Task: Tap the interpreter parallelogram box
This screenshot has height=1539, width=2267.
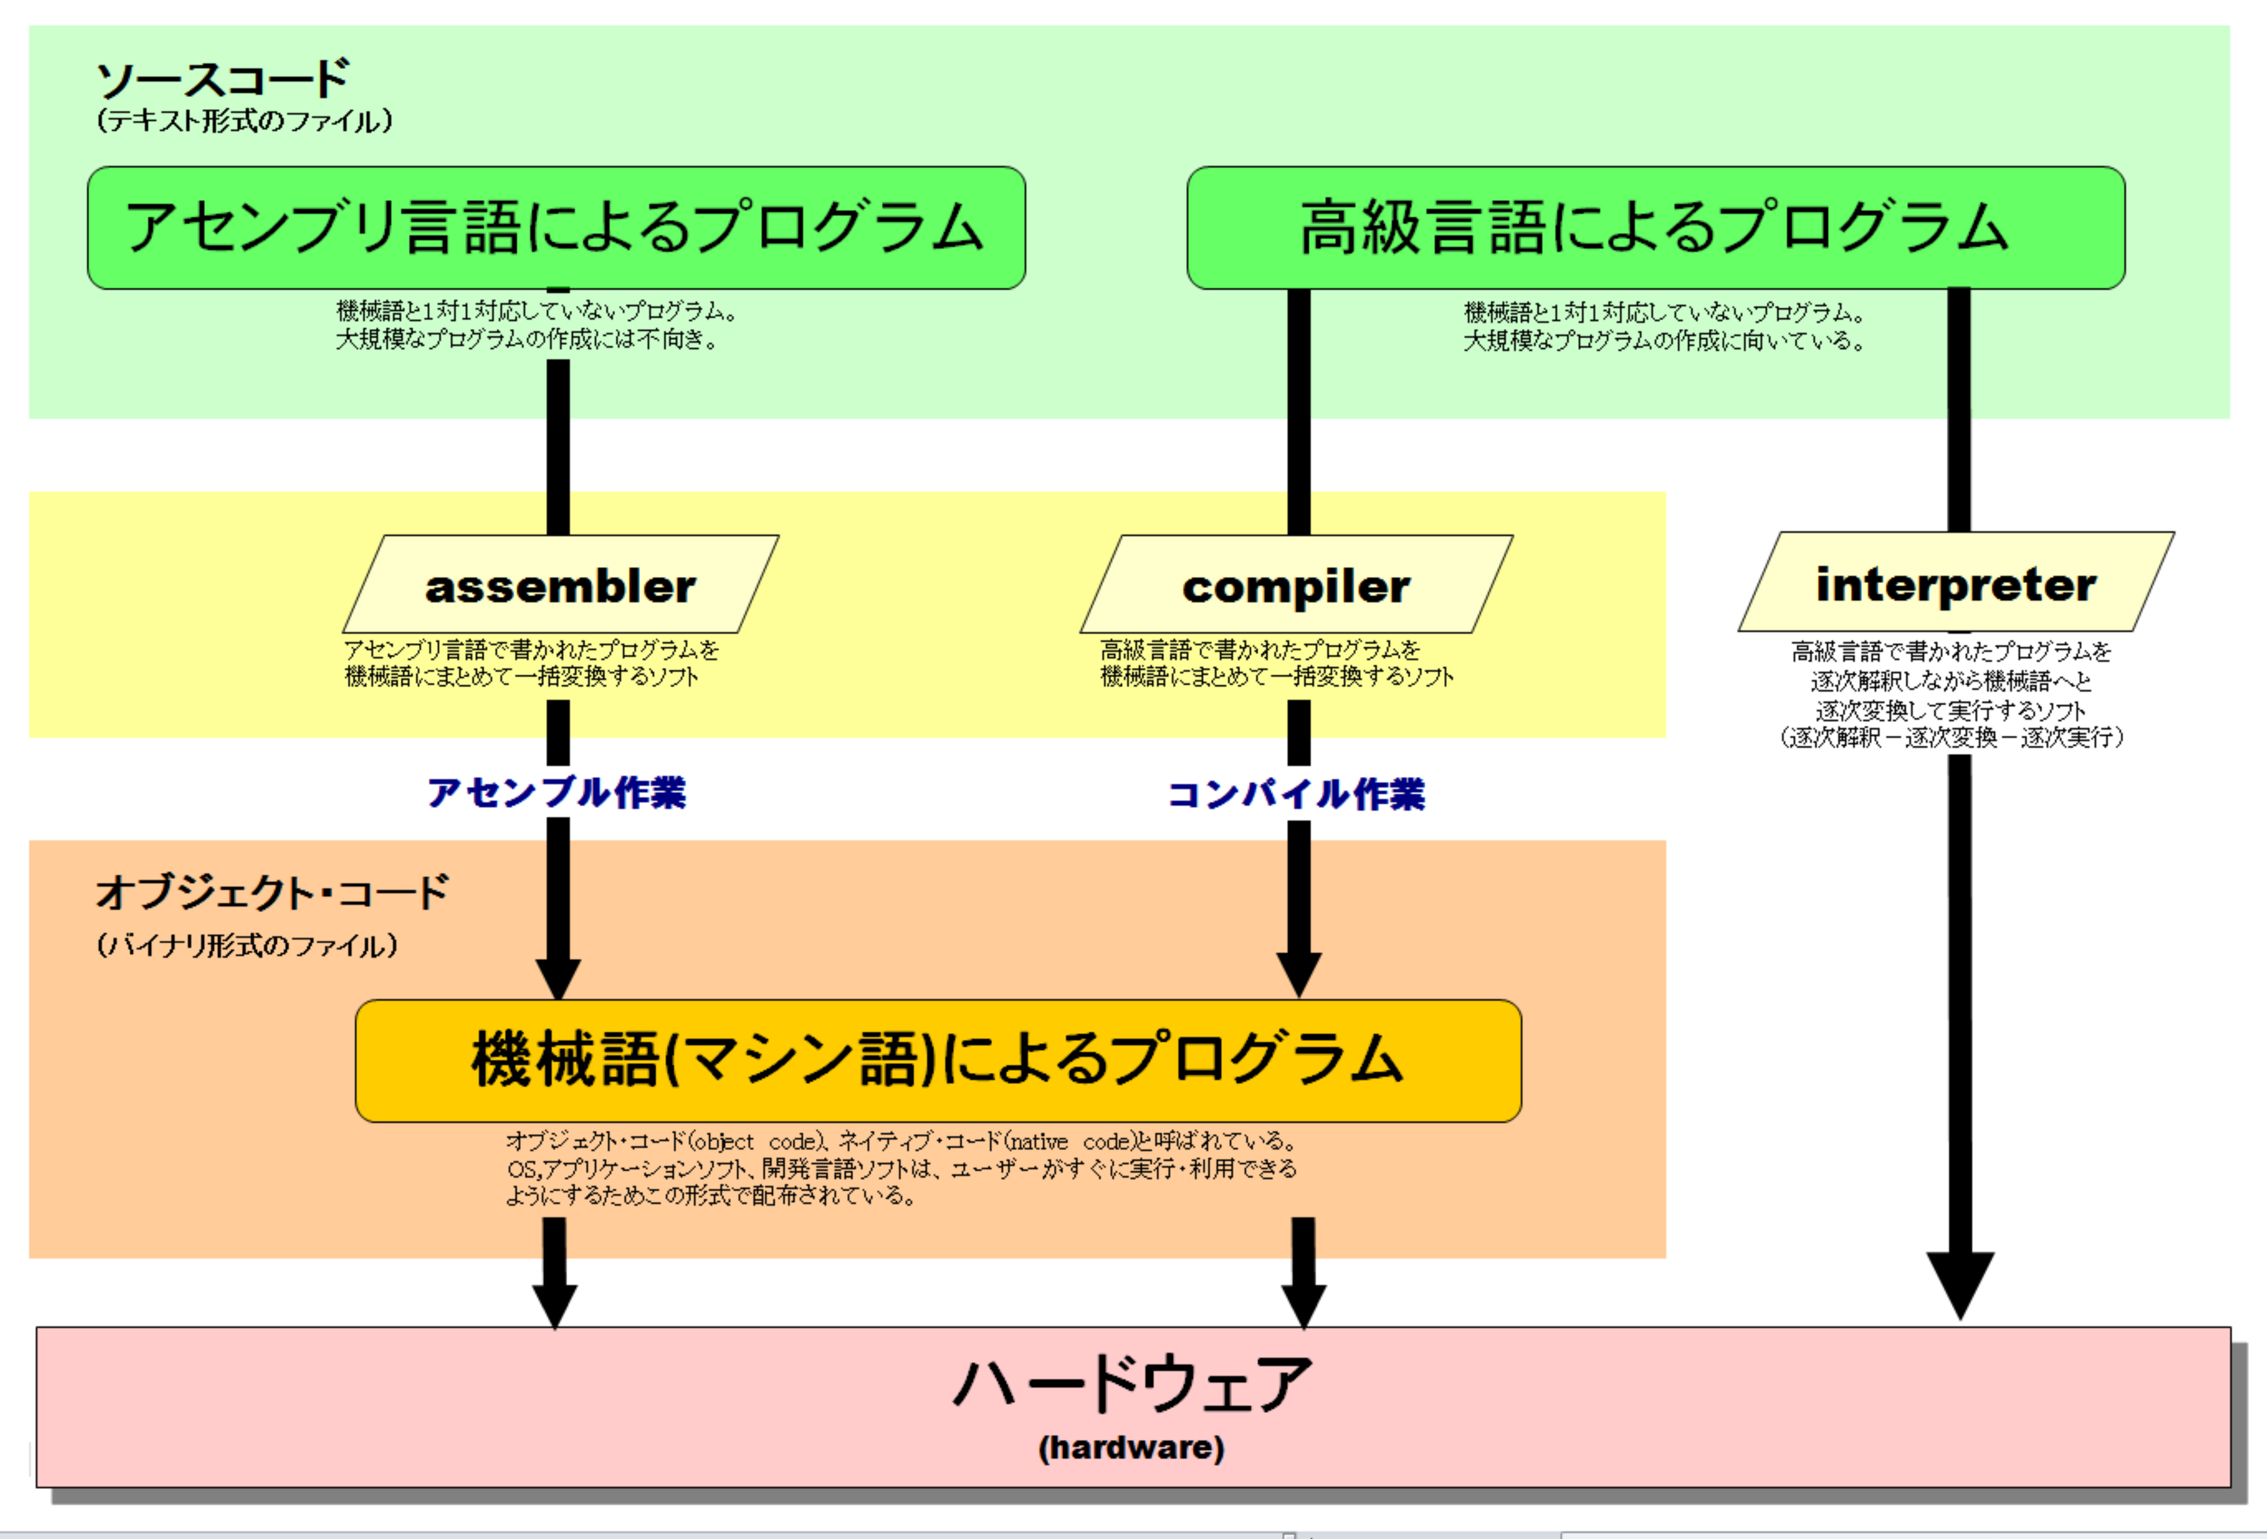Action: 1956,581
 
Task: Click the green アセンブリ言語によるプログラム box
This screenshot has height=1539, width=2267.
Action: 556,227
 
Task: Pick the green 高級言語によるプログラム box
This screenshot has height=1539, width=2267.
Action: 1655,227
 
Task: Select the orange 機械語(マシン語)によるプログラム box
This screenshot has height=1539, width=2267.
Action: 938,1060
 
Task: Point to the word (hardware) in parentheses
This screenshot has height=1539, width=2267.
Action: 1132,1447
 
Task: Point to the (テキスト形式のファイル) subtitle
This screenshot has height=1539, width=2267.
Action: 244,121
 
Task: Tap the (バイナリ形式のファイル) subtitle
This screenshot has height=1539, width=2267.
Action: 247,945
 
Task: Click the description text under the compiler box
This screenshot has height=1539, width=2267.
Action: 1277,663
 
